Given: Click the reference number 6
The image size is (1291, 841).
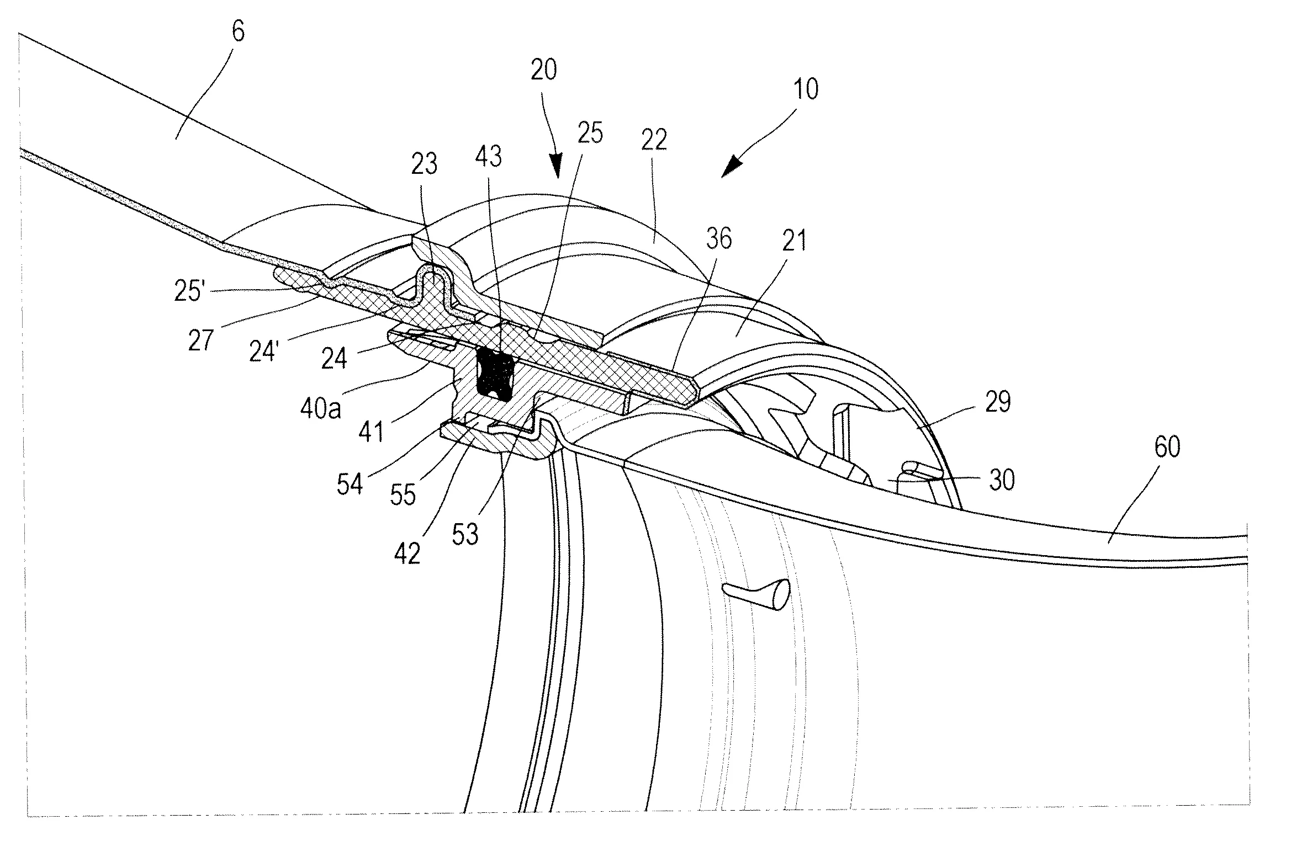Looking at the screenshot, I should (x=237, y=33).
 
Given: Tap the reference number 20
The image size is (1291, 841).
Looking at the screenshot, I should (x=543, y=71).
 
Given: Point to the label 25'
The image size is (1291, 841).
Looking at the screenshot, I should (x=189, y=291).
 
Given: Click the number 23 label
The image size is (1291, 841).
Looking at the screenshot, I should (x=424, y=164).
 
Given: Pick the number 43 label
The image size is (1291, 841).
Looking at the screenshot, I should (x=488, y=157).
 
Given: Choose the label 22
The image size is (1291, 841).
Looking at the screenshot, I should (x=654, y=140).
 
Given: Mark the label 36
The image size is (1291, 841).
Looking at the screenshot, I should (x=718, y=239).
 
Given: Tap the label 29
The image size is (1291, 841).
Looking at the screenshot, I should (x=997, y=402).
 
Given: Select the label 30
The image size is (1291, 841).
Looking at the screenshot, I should (x=1002, y=480).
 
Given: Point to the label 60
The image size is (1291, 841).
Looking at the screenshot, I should (x=1167, y=446).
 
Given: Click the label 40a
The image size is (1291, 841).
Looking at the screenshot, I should (x=321, y=409).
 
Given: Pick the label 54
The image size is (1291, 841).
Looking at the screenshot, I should (x=350, y=484).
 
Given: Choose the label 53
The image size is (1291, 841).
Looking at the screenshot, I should (x=464, y=534).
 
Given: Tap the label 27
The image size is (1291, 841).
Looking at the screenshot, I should (x=200, y=340).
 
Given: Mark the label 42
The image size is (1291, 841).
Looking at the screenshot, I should (x=407, y=553).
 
